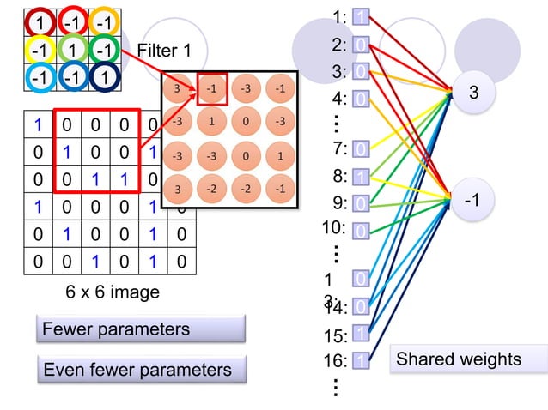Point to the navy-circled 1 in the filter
[103, 79]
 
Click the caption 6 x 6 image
[113, 292]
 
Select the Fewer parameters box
[142, 329]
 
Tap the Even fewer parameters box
[142, 370]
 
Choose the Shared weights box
[468, 359]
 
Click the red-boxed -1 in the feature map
[211, 88]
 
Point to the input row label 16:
[335, 361]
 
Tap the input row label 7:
[339, 149]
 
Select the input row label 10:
[333, 228]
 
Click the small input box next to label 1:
[362, 17]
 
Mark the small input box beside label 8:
[362, 177]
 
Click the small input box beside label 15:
[362, 334]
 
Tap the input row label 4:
[339, 99]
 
